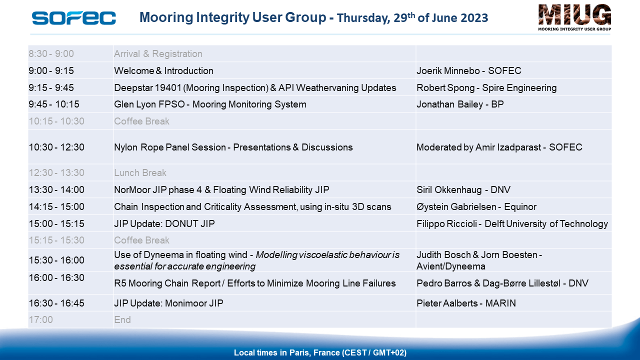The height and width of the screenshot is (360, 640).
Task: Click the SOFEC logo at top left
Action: [x=73, y=18]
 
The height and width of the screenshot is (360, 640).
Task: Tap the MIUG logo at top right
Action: [x=574, y=17]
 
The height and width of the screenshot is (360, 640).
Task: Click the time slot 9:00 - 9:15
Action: [x=51, y=70]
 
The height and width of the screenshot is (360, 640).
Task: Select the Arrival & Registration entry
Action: [x=158, y=53]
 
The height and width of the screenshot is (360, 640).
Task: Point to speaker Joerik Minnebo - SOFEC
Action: [x=468, y=70]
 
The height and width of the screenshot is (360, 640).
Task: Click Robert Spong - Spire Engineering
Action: [x=486, y=87]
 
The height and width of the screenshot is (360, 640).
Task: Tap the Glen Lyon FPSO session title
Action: [x=210, y=104]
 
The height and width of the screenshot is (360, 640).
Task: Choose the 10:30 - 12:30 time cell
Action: [x=56, y=147]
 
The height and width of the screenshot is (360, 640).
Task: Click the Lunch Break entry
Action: [x=140, y=172]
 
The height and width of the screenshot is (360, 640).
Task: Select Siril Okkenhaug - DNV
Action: [x=463, y=189]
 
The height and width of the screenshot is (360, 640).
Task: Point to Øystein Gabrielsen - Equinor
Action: [x=476, y=206]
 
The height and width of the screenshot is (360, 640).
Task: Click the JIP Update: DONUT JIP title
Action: [x=164, y=223]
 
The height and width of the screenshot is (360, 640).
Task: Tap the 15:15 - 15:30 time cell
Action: [x=56, y=240]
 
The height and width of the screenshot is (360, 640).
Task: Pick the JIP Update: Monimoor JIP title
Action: [x=168, y=303]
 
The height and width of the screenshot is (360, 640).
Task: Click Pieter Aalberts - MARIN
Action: [x=466, y=303]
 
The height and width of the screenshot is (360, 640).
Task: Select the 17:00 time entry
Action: [x=41, y=319]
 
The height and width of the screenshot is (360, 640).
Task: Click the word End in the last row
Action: [x=122, y=319]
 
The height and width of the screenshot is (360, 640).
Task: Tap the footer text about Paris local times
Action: [x=320, y=352]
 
